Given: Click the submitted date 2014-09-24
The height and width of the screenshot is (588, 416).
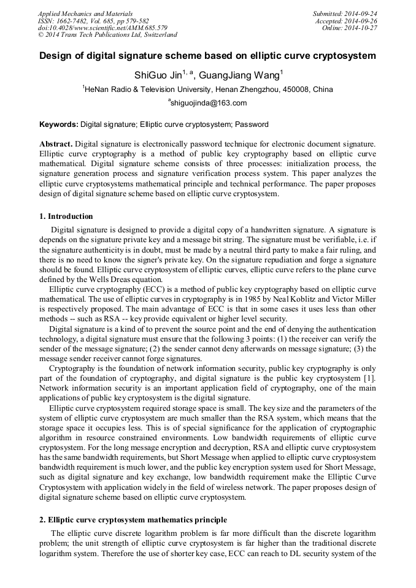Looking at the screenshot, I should coord(362,13).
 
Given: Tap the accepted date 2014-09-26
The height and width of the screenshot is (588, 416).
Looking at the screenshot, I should coord(362,21).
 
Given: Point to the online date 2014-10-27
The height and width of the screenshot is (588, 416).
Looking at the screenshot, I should coord(362,28).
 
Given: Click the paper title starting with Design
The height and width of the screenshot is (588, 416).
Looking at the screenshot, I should coord(207,56).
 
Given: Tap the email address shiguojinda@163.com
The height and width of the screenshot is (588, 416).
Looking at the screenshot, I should coord(209,103).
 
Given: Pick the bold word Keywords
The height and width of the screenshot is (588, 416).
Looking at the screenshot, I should coord(58,124).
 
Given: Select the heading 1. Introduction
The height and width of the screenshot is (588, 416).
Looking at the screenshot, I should coord(66,216).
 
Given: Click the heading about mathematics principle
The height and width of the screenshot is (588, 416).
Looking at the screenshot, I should coord(133,520).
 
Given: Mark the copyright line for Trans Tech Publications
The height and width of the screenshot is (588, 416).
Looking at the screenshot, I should coord(108,36).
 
